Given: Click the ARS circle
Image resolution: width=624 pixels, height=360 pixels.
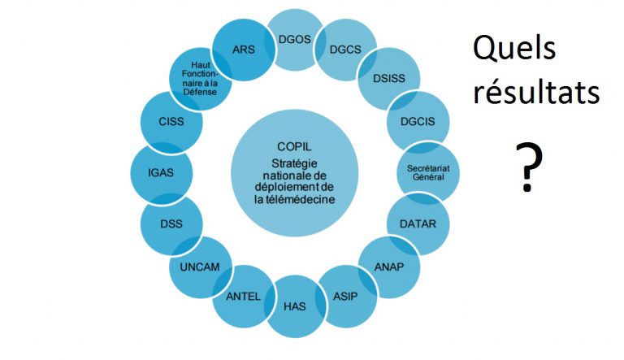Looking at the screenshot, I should click(243, 50).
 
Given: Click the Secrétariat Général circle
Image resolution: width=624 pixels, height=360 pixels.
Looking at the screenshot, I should click(427, 171).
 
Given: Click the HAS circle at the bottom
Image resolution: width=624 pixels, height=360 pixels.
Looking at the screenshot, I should click(295, 307).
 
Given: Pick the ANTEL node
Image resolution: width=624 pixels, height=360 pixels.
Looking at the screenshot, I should click(244, 296).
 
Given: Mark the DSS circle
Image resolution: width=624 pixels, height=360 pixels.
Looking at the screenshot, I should click(171, 222).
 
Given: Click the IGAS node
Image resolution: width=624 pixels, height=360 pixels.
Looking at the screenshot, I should click(162, 171).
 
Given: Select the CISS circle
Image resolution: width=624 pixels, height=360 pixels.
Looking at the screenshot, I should click(172, 123).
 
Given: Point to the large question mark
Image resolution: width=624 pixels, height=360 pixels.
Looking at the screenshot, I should click(528, 166).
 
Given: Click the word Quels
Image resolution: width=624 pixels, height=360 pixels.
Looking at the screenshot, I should click(515, 50).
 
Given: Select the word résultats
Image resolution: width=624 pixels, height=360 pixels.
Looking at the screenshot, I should click(537, 95).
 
